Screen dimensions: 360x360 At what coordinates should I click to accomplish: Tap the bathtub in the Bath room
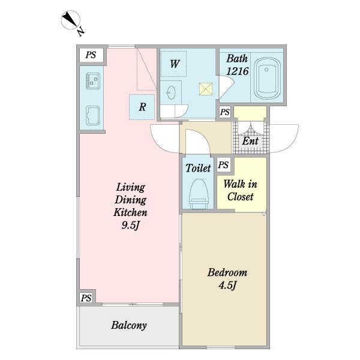(267, 78)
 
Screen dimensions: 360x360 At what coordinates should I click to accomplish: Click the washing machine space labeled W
(173, 64)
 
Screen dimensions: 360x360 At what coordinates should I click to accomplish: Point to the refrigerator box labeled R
(142, 107)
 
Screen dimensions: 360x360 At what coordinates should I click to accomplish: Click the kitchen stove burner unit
(92, 81)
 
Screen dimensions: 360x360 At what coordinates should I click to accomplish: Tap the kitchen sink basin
(92, 115)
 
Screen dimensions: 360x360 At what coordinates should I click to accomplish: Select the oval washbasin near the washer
(171, 92)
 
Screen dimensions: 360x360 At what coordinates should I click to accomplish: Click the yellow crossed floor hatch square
(206, 89)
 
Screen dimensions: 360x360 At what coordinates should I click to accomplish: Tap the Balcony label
(129, 326)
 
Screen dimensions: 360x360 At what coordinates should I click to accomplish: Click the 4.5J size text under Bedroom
(227, 286)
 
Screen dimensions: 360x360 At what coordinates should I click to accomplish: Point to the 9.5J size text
(130, 226)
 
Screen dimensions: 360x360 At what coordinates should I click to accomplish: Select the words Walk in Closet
(241, 190)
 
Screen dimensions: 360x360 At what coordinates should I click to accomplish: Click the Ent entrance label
(250, 141)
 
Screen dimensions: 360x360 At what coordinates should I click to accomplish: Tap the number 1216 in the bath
(238, 71)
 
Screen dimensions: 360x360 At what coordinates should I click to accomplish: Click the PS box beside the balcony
(86, 298)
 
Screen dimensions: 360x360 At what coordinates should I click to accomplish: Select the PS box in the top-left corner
(91, 55)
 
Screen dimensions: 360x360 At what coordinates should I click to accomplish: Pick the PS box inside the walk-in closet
(223, 164)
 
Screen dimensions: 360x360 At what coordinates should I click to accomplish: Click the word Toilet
(198, 168)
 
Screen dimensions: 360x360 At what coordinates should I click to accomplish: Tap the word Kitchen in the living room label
(130, 212)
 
